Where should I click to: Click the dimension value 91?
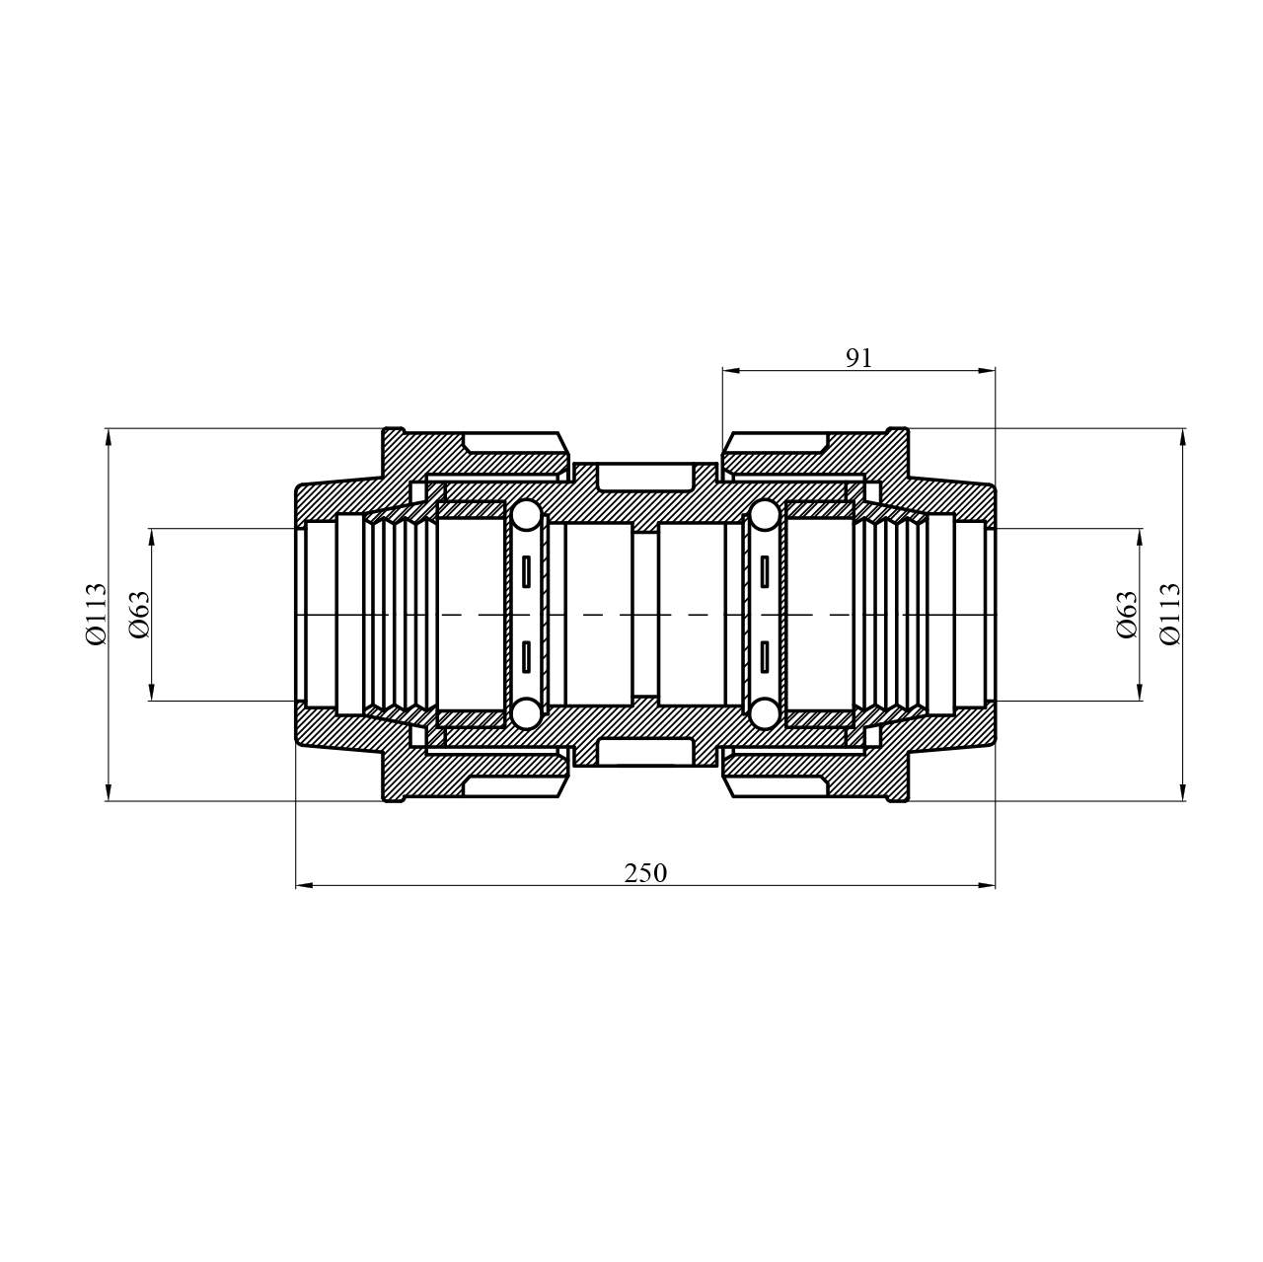[857, 358]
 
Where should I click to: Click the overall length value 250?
[645, 873]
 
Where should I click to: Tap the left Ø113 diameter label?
[96, 615]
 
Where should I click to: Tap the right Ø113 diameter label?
[1170, 615]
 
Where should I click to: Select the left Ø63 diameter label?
[139, 615]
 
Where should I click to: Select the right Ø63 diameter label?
[1127, 615]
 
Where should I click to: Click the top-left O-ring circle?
[526, 515]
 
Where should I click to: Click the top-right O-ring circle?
[765, 515]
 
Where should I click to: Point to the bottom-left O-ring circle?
[526, 714]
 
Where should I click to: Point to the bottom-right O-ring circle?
[765, 714]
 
